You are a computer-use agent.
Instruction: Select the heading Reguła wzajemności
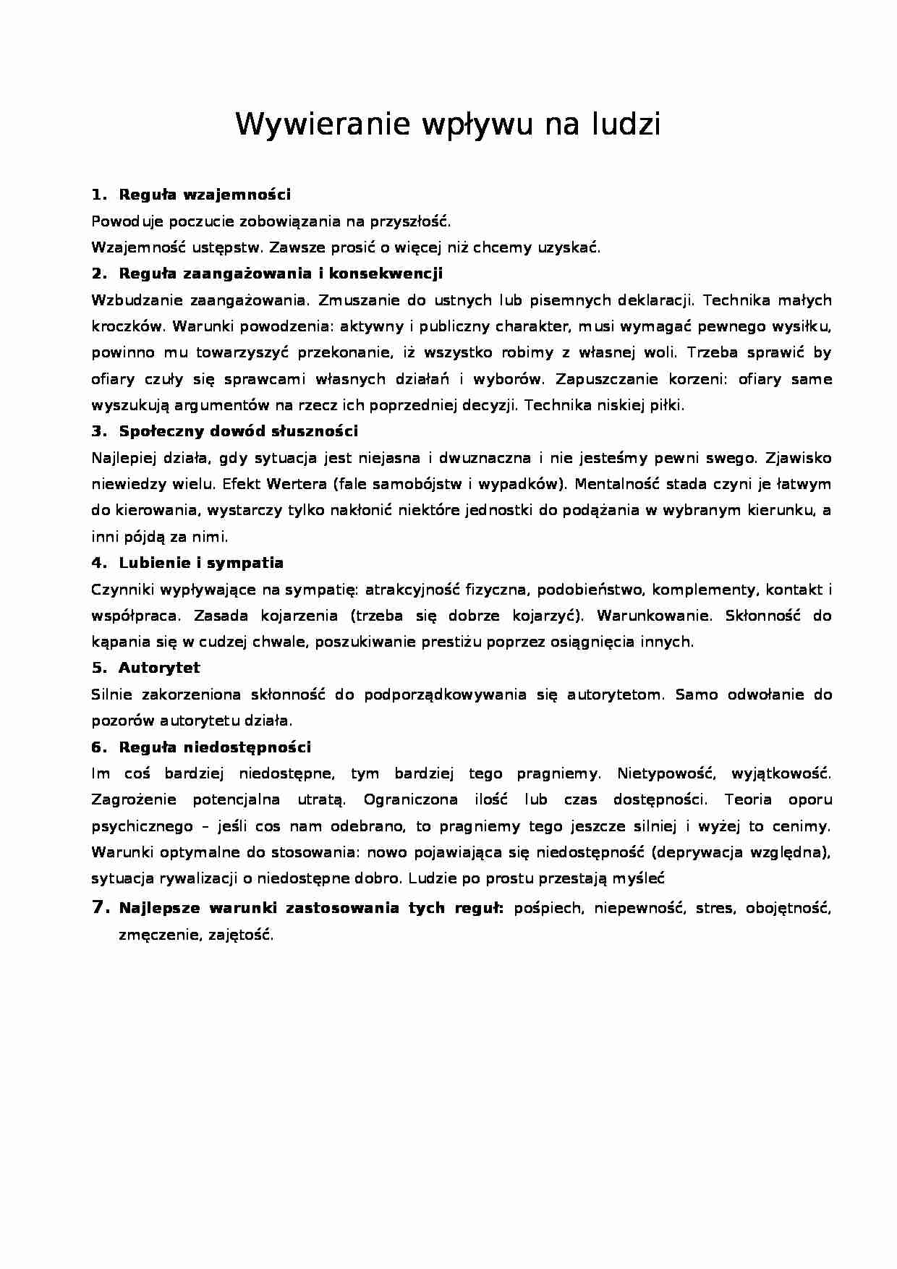pyautogui.click(x=205, y=194)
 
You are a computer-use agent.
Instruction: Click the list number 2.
pyautogui.click(x=99, y=273)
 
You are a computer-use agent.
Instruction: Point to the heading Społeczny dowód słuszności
pyautogui.click(x=238, y=431)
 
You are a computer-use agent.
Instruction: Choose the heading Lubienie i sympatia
pyautogui.click(x=201, y=563)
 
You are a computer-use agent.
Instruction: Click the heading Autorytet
pyautogui.click(x=159, y=668)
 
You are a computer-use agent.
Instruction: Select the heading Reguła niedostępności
pyautogui.click(x=215, y=747)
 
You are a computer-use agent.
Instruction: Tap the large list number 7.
pyautogui.click(x=100, y=907)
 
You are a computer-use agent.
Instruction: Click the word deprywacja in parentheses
pyautogui.click(x=694, y=852)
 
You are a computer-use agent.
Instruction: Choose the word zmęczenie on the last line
pyautogui.click(x=158, y=935)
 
